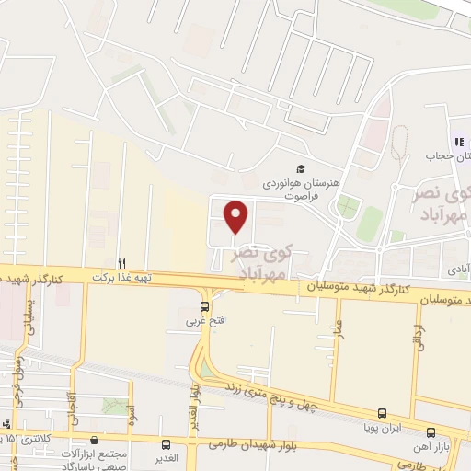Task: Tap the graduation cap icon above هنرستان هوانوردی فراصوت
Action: [x=300, y=167]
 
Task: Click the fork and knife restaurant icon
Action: [x=121, y=261]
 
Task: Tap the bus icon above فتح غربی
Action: [x=204, y=306]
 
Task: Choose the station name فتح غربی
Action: [x=204, y=321]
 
